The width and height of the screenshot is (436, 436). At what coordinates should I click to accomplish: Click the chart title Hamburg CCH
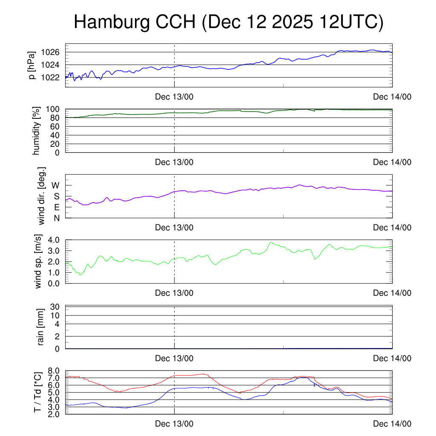(229, 22)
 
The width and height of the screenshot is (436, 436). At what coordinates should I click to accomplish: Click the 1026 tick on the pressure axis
(53, 52)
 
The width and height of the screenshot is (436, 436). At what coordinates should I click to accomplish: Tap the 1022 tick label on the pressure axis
(53, 77)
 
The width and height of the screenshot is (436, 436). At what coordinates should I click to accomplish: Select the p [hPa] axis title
(31, 65)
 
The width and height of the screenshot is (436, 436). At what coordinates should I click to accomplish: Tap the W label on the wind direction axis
(56, 186)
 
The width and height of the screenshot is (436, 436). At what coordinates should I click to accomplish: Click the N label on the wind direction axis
(57, 218)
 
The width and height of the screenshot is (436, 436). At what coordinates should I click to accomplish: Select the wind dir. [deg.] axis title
(42, 196)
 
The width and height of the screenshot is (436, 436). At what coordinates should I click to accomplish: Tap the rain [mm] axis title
(41, 327)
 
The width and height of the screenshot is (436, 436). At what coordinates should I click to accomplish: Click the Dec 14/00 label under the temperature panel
(392, 424)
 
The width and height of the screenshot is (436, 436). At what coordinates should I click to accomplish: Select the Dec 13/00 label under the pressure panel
(174, 97)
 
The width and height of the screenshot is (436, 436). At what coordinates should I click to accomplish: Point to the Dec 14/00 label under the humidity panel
(392, 162)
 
